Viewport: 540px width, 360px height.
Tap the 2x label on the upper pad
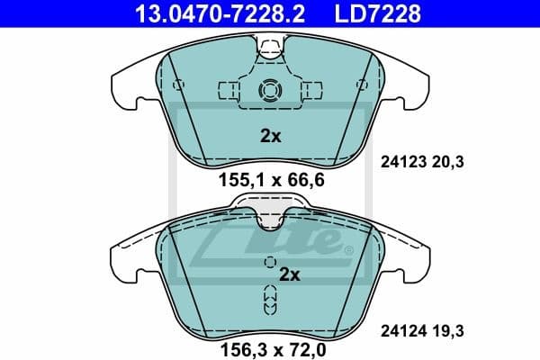click(x=270, y=138)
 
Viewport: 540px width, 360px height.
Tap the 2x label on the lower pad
click(x=289, y=274)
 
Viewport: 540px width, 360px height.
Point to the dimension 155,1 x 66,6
click(x=269, y=180)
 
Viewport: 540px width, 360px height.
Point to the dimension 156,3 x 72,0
click(x=269, y=343)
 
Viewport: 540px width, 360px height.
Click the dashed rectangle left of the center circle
click(x=229, y=90)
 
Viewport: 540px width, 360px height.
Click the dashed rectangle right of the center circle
click(x=311, y=90)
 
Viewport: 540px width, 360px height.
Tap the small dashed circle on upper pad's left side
click(x=178, y=85)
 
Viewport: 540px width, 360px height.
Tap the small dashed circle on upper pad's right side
click(x=362, y=85)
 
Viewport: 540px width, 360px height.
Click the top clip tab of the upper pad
click(x=270, y=44)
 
